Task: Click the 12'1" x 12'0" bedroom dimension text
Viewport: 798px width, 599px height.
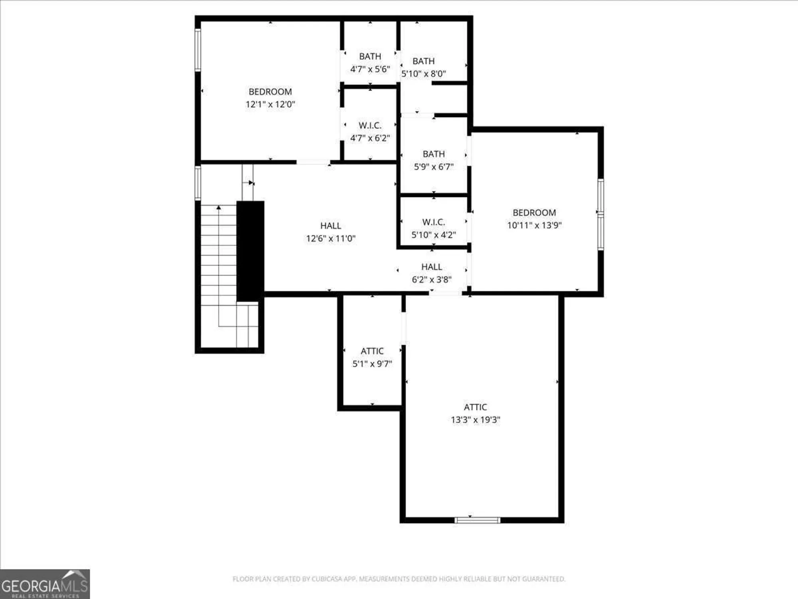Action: click(270, 104)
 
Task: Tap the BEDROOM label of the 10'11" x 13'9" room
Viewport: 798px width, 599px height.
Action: click(534, 212)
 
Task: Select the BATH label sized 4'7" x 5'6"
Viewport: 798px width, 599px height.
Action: click(370, 56)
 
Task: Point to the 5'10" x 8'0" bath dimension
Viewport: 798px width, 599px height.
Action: click(423, 74)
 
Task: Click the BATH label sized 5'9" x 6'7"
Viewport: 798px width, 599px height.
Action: click(433, 154)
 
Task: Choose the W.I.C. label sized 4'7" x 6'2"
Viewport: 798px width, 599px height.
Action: click(370, 125)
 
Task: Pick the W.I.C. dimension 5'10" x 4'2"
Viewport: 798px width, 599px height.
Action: click(433, 235)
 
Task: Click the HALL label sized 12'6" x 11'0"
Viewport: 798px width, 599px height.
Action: click(330, 226)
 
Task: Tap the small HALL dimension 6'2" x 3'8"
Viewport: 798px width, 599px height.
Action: click(431, 280)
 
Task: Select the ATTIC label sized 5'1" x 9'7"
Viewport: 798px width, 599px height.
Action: click(372, 351)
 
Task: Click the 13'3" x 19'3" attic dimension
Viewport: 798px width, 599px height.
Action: click(475, 420)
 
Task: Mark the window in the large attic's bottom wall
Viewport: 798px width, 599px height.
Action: click(477, 520)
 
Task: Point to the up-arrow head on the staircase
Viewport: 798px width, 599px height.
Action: click(219, 207)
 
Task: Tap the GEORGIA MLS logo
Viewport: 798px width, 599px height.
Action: click(45, 584)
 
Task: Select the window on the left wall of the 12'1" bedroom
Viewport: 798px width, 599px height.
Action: click(198, 50)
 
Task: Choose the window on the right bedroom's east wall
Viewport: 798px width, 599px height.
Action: click(600, 215)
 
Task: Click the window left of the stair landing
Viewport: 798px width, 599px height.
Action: click(198, 183)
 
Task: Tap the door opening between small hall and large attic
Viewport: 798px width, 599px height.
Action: click(445, 294)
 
